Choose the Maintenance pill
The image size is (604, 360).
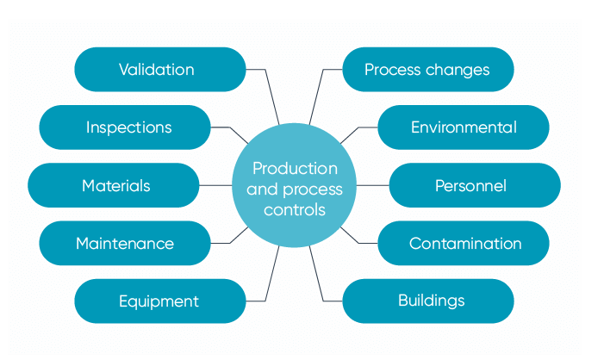pos(125,243)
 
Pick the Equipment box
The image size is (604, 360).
pos(160,301)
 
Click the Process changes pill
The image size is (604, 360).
pos(428,70)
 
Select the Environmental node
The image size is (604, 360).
pos(464,127)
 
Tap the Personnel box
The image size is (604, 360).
pos(474,185)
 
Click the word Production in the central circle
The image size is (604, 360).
pos(295,169)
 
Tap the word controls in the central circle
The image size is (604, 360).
pos(295,209)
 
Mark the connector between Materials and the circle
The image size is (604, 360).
pos(216,185)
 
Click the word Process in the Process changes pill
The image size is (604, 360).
pos(395,70)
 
